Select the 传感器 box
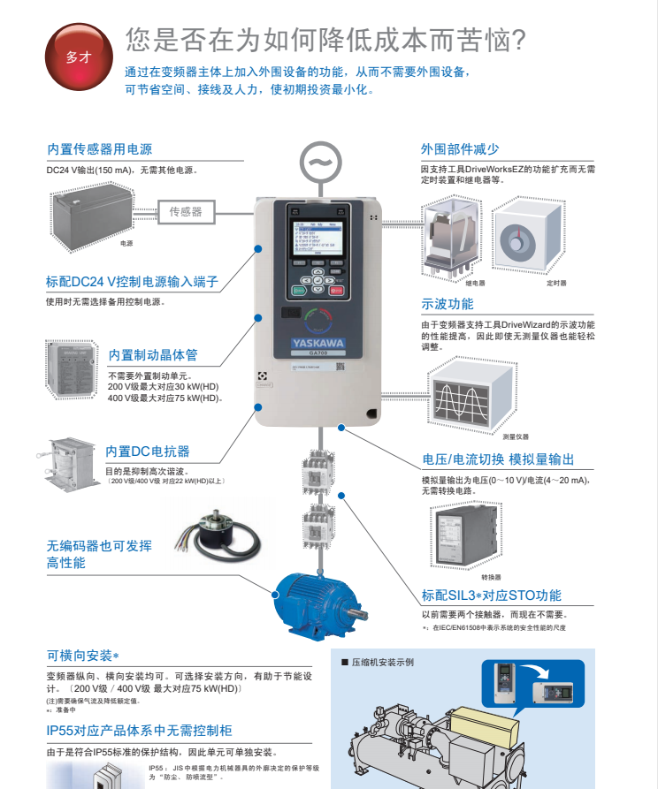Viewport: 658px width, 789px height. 186,212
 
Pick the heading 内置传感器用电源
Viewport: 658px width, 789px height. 99,149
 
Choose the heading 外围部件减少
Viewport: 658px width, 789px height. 460,149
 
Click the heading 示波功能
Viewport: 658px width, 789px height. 448,304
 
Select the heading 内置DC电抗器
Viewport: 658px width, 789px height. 147,451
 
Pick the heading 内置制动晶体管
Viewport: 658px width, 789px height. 153,355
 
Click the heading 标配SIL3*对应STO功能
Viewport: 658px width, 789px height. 491,596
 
